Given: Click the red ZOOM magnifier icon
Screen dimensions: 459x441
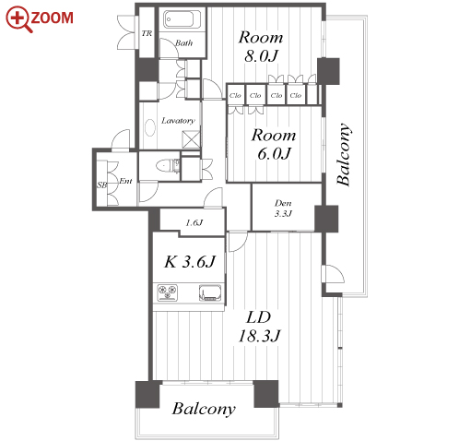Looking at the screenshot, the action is click(x=18, y=18).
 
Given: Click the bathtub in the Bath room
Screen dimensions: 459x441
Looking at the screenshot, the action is click(x=178, y=19).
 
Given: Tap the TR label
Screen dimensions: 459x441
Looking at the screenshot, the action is click(x=147, y=33).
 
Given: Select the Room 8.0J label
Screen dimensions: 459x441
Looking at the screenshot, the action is click(x=261, y=46).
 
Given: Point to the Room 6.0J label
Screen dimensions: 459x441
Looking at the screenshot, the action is click(x=274, y=144).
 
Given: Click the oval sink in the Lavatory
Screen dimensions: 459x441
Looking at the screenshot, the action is click(x=150, y=127).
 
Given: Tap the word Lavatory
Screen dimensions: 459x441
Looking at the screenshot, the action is click(x=178, y=120).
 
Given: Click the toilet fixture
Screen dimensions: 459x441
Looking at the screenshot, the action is click(x=166, y=166).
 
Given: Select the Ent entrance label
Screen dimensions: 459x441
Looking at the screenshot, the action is click(x=125, y=181).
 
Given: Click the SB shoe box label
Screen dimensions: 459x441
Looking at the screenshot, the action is click(x=102, y=185).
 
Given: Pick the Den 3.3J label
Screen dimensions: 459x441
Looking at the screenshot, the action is click(x=283, y=209).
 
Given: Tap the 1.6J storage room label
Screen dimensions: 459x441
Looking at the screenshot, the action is click(x=194, y=222).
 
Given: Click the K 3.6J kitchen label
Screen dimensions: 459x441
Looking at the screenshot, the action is click(x=190, y=262).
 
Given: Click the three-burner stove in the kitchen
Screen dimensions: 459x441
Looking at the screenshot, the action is click(x=168, y=292).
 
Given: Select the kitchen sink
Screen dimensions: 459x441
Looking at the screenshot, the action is click(x=210, y=292).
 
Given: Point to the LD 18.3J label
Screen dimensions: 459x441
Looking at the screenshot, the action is click(x=259, y=327).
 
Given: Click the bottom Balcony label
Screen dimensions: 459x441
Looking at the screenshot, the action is click(x=204, y=409).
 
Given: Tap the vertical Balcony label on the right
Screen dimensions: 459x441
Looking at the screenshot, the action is click(x=344, y=154).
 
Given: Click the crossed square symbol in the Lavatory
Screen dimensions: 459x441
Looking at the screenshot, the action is click(x=191, y=140).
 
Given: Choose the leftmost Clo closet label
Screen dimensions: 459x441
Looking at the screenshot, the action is click(x=235, y=95).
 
